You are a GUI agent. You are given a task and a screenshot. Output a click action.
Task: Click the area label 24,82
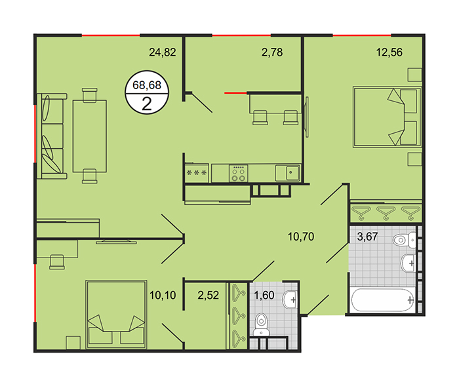coord(163,52)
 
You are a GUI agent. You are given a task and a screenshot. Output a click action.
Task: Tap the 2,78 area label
coord(272,52)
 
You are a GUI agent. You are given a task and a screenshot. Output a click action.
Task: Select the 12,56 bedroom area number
coord(389,52)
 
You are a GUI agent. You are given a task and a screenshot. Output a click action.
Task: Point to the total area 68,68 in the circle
coord(147,85)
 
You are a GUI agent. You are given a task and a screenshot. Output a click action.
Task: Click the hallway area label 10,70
coord(301,237)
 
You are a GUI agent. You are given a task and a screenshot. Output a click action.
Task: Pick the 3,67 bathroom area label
coord(367,237)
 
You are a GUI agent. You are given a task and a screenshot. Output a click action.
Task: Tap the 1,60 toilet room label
coord(264,296)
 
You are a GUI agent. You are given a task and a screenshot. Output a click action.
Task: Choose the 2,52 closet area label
coord(208,296)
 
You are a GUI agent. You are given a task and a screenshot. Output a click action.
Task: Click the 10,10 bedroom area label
coord(163,296)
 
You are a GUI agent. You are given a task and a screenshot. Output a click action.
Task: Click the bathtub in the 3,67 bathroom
coord(383,300)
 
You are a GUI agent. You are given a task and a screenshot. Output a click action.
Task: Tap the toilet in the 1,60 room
coord(261,324)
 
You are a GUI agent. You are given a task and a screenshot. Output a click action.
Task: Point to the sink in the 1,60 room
coord(290,299)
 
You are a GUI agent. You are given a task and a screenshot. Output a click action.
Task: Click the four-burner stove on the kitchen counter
coord(238,173)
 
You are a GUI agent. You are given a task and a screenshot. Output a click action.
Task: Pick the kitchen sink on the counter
coord(287,172)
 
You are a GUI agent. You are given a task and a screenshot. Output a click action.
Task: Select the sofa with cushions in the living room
coord(52,136)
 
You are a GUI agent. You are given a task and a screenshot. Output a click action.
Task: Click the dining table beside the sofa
coord(90,136)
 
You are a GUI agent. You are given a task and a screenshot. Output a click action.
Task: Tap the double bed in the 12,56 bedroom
coord(387,117)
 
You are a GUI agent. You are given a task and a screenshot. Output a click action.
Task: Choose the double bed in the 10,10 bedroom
coord(116,315)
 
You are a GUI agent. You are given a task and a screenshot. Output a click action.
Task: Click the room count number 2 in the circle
coord(147,104)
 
